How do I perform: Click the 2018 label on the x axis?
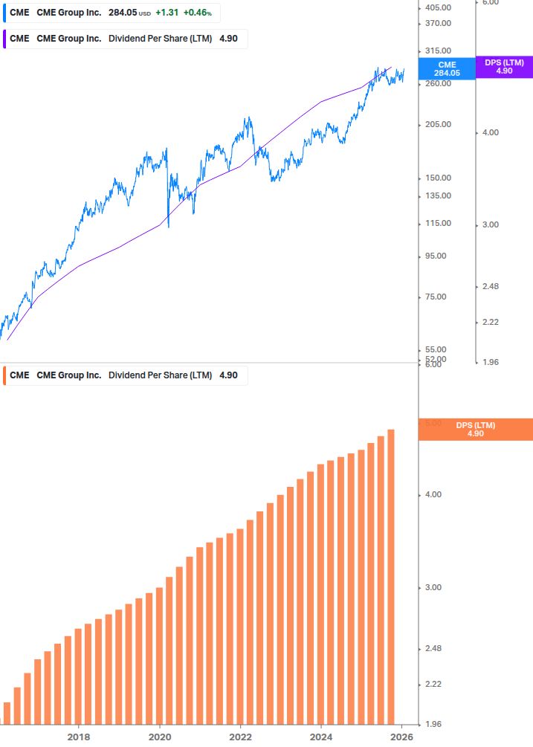click(79, 737)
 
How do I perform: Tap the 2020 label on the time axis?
click(160, 737)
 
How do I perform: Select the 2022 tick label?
click(240, 737)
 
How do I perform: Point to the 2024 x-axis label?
click(321, 737)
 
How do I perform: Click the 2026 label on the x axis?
click(401, 737)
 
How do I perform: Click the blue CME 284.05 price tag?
click(447, 69)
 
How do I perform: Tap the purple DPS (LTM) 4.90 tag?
click(504, 67)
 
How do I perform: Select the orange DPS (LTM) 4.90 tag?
click(476, 430)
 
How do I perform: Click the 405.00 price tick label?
click(438, 7)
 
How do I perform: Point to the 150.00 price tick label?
click(438, 178)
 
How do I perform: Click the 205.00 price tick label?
click(438, 125)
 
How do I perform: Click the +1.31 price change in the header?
click(167, 13)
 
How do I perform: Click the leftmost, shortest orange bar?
click(7, 713)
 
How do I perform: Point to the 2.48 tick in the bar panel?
click(433, 649)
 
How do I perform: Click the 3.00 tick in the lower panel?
click(433, 588)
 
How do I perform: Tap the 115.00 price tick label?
click(438, 224)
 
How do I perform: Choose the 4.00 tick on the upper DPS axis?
click(490, 132)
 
